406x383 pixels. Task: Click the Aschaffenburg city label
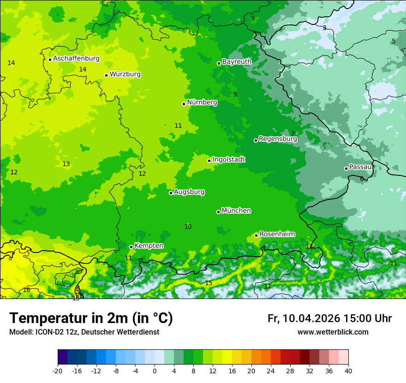(76, 59)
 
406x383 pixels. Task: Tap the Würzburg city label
(125, 74)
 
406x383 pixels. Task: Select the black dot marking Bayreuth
(219, 63)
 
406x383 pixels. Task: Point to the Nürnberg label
(202, 102)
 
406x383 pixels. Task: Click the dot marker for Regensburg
(256, 140)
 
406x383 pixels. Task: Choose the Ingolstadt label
(228, 160)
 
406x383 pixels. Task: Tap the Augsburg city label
(189, 192)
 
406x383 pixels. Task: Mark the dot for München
(218, 212)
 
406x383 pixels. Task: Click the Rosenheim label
(277, 234)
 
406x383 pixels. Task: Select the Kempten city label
(149, 246)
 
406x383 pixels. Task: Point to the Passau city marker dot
(346, 168)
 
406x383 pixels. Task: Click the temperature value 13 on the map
(66, 164)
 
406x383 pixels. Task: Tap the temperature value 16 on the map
(26, 290)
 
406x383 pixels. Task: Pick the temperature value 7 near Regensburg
(292, 134)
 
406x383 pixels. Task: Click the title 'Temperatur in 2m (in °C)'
(91, 318)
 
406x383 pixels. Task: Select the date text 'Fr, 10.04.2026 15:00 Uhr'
(329, 318)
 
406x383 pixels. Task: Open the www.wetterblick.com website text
(333, 332)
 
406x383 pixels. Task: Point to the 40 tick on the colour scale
(348, 371)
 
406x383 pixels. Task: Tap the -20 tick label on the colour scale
(58, 371)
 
